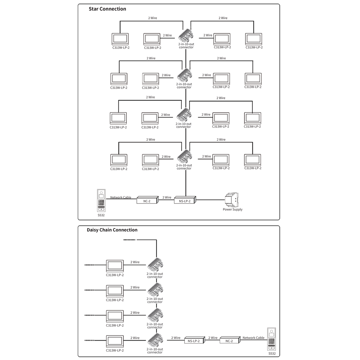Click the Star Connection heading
coord(107,9)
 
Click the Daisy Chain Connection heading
coord(112,230)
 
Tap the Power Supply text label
coord(233,209)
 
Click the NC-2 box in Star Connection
coord(147,200)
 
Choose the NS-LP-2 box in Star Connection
coord(185,200)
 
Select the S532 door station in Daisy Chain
coord(272,339)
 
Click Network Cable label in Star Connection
coord(121,197)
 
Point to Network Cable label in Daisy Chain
coord(253,338)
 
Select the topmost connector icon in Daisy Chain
coord(155,265)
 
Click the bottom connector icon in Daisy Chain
coord(155,340)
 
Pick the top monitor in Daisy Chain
coord(115,266)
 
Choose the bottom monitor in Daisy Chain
coord(115,341)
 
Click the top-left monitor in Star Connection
coord(121,39)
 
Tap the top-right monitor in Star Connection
coord(254,39)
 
